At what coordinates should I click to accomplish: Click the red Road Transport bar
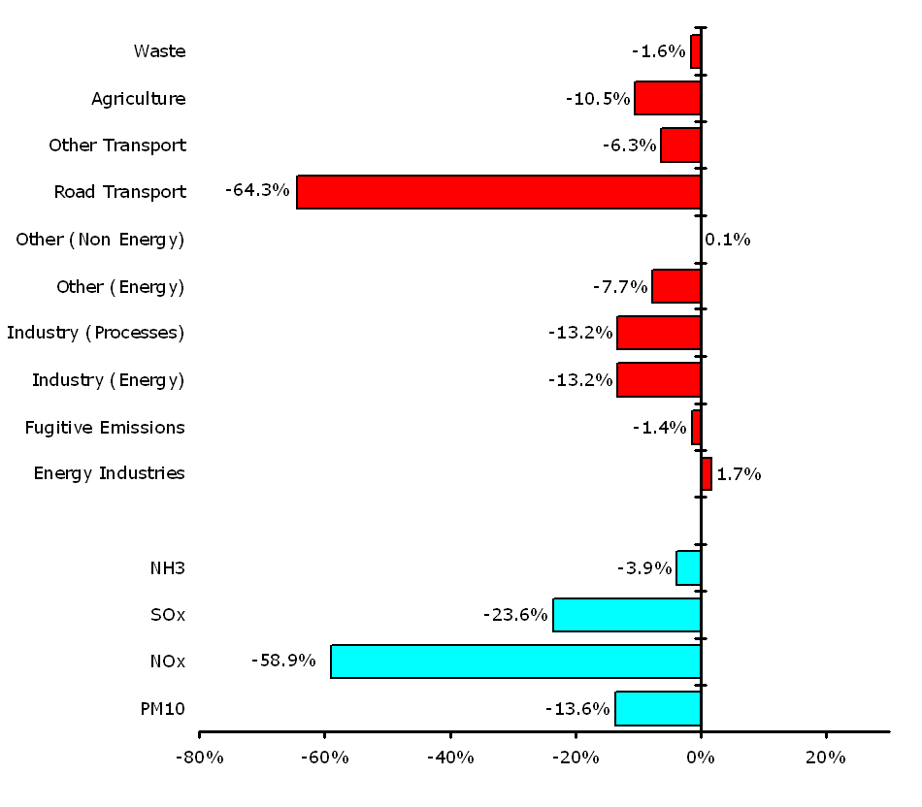tap(499, 192)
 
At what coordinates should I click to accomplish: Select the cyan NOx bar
tap(515, 662)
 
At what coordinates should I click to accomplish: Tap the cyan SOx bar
tap(627, 615)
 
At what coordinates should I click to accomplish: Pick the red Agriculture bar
tap(668, 98)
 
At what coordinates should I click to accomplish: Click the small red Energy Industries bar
tap(707, 473)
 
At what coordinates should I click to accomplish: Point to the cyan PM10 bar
tap(658, 708)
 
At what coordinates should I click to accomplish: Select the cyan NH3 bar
tap(689, 567)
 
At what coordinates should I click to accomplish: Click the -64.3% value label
tap(257, 190)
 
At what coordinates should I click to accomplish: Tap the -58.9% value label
tap(283, 661)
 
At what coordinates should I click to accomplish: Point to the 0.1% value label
tap(727, 240)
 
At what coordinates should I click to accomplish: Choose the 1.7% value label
tap(739, 474)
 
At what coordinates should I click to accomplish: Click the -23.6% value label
tap(515, 614)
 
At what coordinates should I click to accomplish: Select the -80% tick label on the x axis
tap(199, 758)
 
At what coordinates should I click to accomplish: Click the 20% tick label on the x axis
tap(825, 758)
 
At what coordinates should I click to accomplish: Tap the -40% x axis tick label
tap(449, 758)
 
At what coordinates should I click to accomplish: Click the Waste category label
tap(159, 50)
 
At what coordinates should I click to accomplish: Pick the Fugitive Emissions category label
tap(105, 427)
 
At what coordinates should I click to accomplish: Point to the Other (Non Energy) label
tap(100, 239)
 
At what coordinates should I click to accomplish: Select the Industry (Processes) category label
tap(95, 333)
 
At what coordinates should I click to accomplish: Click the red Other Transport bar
tap(680, 145)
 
